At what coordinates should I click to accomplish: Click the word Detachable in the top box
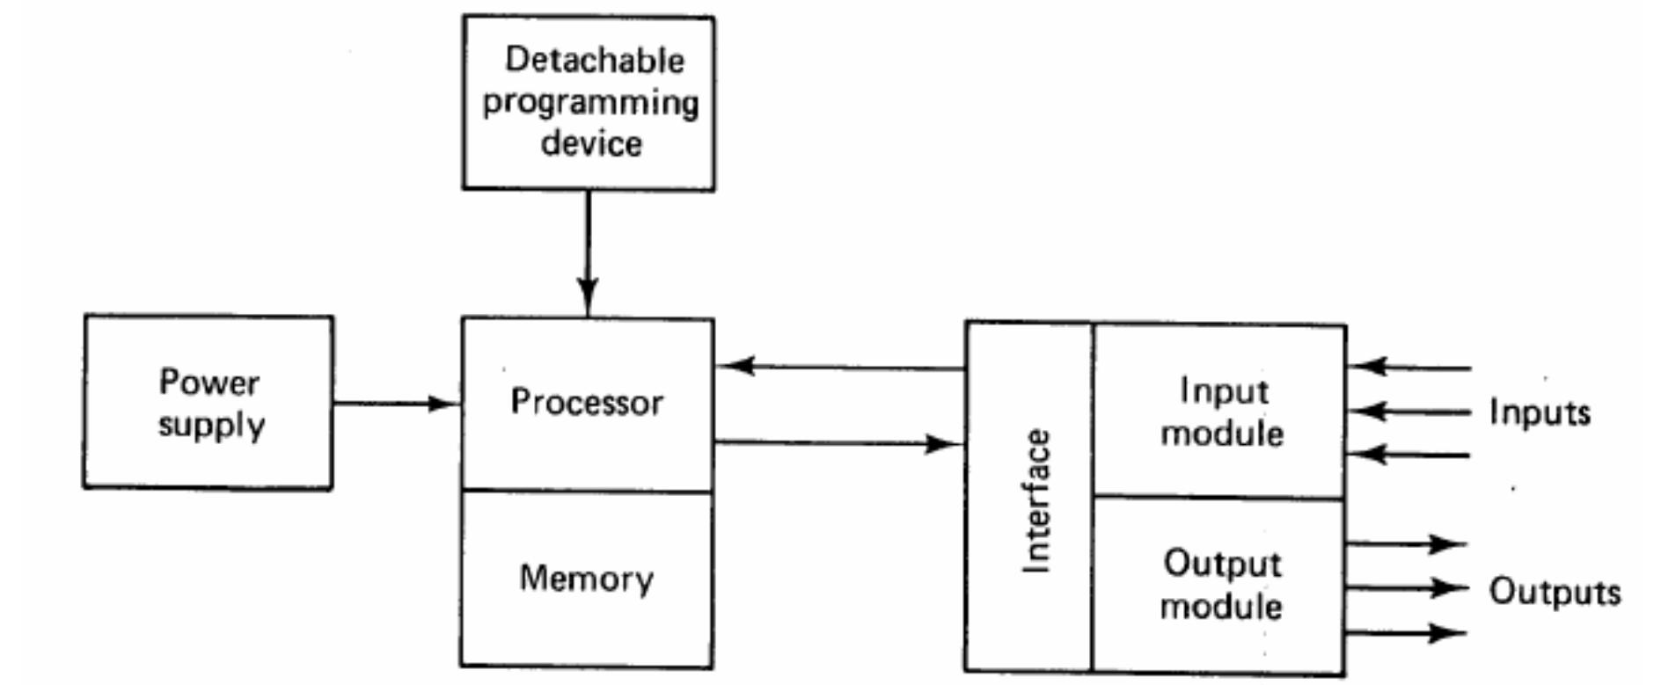click(594, 60)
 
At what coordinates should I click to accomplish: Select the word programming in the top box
click(590, 103)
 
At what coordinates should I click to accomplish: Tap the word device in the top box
click(590, 143)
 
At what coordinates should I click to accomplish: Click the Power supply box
click(209, 402)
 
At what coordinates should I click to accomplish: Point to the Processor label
click(587, 402)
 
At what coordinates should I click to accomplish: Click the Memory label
click(587, 579)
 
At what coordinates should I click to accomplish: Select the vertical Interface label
click(1036, 501)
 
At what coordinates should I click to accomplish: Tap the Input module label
click(1222, 412)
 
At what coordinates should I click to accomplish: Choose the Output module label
click(1222, 585)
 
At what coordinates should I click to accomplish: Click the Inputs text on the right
click(1540, 412)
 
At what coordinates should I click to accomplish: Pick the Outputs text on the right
click(1554, 592)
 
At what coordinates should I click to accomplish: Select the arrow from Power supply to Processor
click(396, 404)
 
